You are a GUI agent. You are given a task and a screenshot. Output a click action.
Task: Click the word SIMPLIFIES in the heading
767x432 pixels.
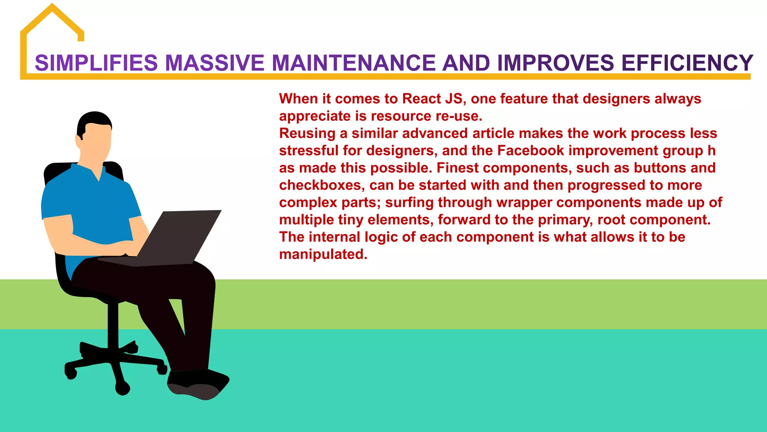(96, 63)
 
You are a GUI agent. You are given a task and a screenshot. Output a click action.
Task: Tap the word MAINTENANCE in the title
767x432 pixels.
(354, 63)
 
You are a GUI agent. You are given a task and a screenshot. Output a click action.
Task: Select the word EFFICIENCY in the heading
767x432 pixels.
(687, 63)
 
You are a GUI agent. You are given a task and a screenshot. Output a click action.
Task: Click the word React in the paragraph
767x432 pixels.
(421, 99)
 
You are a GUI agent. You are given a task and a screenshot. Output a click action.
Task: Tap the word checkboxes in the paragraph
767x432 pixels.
(320, 185)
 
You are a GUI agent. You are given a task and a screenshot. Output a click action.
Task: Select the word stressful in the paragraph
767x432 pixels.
(309, 151)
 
